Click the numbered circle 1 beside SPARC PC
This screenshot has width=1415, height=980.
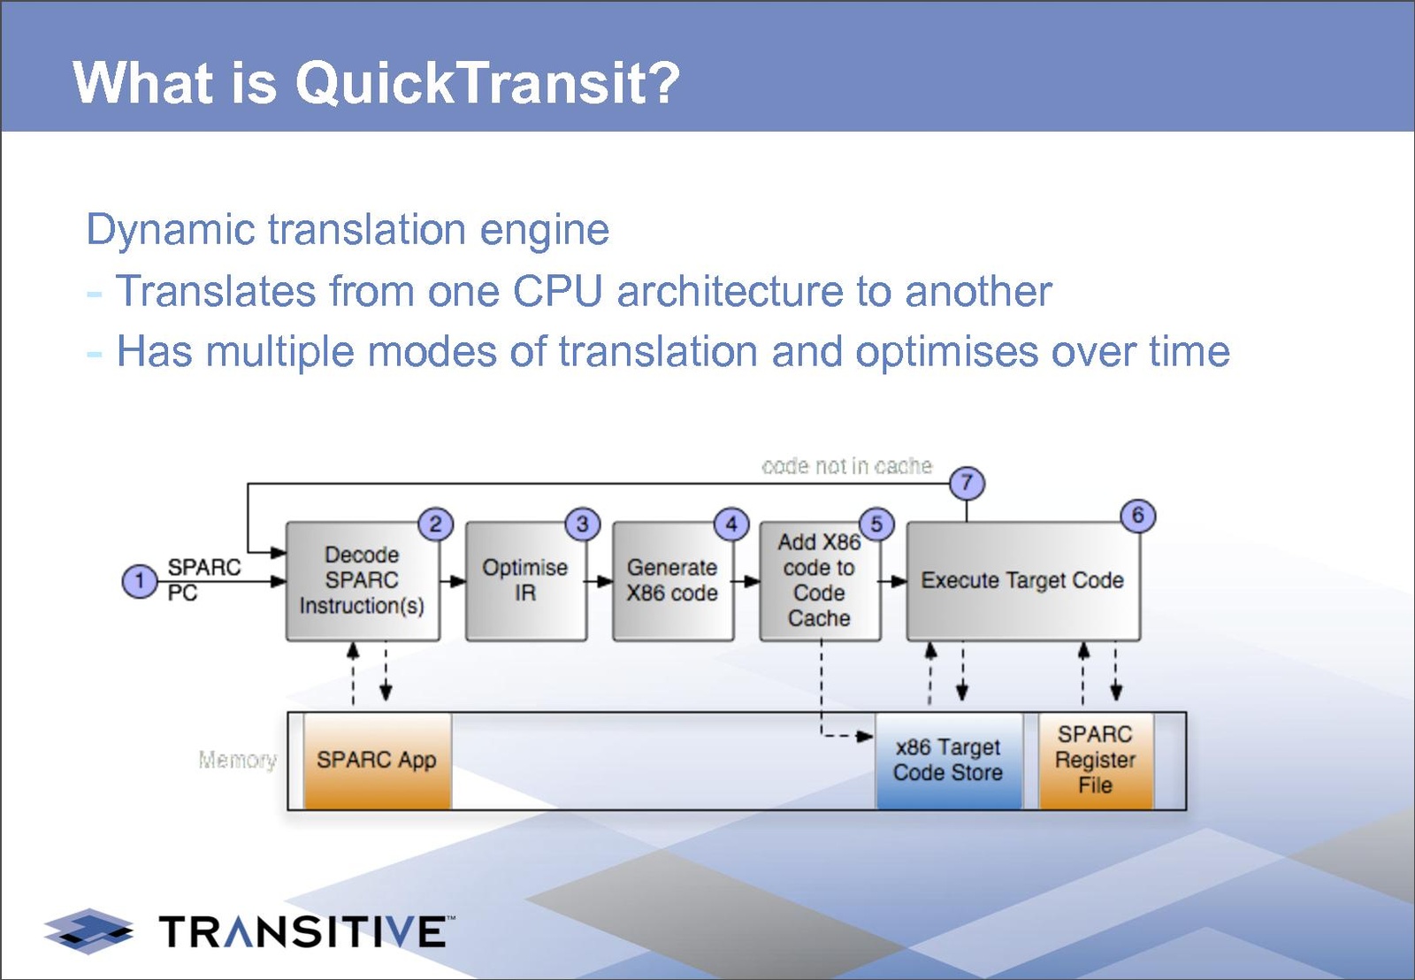click(139, 581)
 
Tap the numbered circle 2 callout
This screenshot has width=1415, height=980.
click(435, 524)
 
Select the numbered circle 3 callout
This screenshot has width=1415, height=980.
click(582, 524)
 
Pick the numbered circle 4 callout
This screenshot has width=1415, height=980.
click(731, 524)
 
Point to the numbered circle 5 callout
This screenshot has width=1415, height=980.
click(876, 524)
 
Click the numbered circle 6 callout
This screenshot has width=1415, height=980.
click(1137, 516)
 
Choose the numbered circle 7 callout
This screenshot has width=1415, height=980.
click(967, 483)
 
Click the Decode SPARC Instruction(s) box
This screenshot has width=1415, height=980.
click(362, 581)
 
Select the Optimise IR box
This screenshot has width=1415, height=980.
click(525, 581)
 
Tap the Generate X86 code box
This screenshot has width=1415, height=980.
click(672, 581)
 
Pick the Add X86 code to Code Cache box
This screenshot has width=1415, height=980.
click(819, 581)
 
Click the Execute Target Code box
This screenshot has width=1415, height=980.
click(1022, 581)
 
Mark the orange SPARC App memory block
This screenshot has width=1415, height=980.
click(377, 761)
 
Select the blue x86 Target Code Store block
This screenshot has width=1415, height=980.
click(948, 761)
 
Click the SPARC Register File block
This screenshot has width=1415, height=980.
click(1095, 761)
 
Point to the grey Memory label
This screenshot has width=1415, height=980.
click(237, 760)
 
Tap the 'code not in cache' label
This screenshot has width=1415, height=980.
click(846, 466)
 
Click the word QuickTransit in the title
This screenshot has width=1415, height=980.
click(486, 83)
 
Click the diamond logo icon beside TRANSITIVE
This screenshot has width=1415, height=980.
click(88, 930)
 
